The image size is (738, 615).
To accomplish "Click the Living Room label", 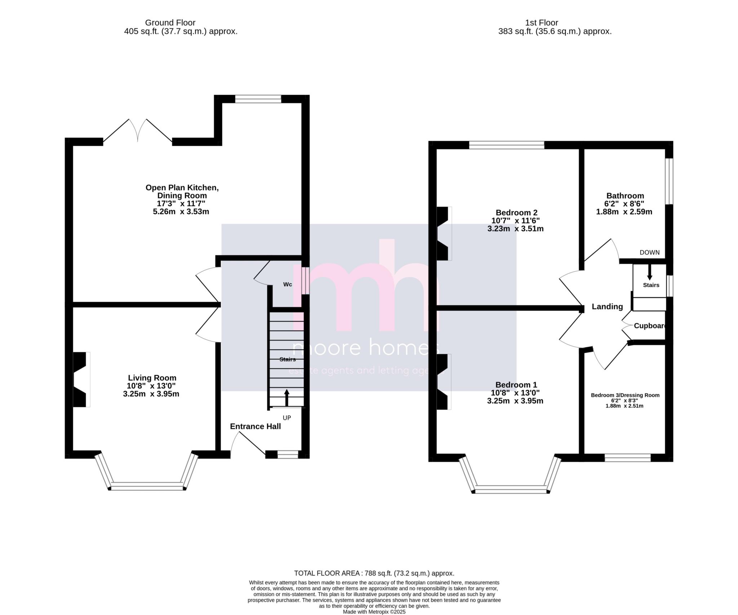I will click(x=152, y=378).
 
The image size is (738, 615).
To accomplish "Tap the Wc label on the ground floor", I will click(x=287, y=285).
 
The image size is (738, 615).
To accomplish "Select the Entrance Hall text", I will click(x=255, y=426).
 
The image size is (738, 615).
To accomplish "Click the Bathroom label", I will click(x=625, y=196).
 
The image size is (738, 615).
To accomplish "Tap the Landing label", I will click(x=607, y=307).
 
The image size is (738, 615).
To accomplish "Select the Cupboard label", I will click(x=649, y=326).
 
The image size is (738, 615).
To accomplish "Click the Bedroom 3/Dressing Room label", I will click(x=625, y=395).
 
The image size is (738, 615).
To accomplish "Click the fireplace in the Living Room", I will click(x=81, y=379).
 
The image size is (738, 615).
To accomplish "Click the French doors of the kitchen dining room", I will click(x=138, y=131).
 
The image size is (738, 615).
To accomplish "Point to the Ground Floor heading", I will click(x=170, y=23).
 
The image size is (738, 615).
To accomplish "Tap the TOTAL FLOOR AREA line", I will click(x=374, y=573).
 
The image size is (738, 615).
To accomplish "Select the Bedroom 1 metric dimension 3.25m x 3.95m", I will click(x=515, y=401).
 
